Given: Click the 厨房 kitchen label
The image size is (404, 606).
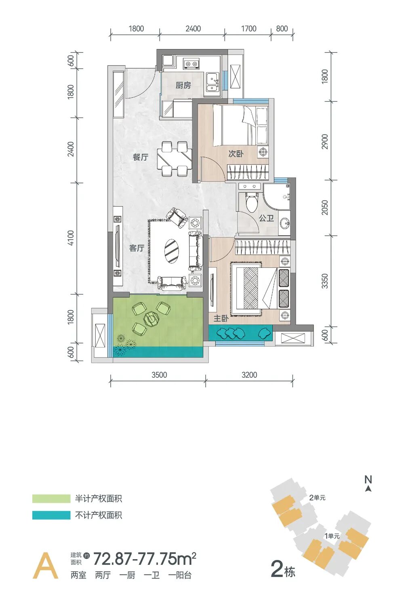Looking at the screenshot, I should point(183,85).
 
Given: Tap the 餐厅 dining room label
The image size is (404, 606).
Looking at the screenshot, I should point(140,157).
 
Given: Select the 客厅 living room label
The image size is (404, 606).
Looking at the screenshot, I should point(137,248).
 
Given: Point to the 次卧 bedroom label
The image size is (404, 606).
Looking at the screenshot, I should point(236,154).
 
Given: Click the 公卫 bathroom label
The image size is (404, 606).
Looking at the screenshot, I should point(266,218).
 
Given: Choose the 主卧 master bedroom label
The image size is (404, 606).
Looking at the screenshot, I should point(221,318).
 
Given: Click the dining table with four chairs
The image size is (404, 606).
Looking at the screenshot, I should point(175,159).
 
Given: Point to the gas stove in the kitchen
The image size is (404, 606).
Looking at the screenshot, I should point(191,63).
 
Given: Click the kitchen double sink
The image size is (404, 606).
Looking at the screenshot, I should point(212,83).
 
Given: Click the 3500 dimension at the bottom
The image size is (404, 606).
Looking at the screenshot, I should point(159,375).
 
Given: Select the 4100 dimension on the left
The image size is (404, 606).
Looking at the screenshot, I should point(71,238).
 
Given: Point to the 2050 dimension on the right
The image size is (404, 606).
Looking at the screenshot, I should point(325,207).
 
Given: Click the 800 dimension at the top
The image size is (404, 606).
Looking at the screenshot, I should point(282,29).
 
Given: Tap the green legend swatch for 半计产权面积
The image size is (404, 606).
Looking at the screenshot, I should point(51,499).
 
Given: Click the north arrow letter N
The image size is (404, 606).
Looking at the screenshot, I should point(368,480).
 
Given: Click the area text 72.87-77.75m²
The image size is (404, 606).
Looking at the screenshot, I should point(145,559).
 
